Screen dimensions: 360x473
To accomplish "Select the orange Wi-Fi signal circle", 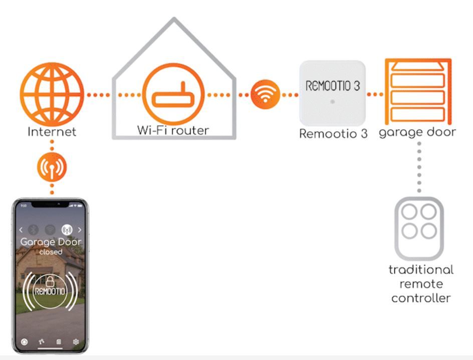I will (265, 94).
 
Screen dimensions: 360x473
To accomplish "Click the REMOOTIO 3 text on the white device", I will (332, 86).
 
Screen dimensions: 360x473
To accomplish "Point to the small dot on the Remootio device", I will (332, 102).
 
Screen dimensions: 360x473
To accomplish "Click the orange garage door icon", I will (417, 91).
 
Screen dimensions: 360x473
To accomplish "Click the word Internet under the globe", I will (52, 132).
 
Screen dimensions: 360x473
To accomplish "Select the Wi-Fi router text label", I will (173, 130).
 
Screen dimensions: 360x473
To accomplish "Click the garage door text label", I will (417, 132).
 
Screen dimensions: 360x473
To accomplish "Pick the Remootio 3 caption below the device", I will (333, 134).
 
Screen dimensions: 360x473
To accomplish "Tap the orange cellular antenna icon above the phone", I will (52, 167).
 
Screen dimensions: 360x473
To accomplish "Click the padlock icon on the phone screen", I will (50, 282).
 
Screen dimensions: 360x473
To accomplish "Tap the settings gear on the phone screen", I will (76, 342).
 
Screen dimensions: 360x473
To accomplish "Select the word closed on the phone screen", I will (50, 252).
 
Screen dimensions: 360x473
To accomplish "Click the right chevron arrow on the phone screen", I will (80, 230).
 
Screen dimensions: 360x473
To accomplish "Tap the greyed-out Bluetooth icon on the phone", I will (35, 230).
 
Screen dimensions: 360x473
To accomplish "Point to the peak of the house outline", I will (174, 19).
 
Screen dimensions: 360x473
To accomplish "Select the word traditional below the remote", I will (421, 270).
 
